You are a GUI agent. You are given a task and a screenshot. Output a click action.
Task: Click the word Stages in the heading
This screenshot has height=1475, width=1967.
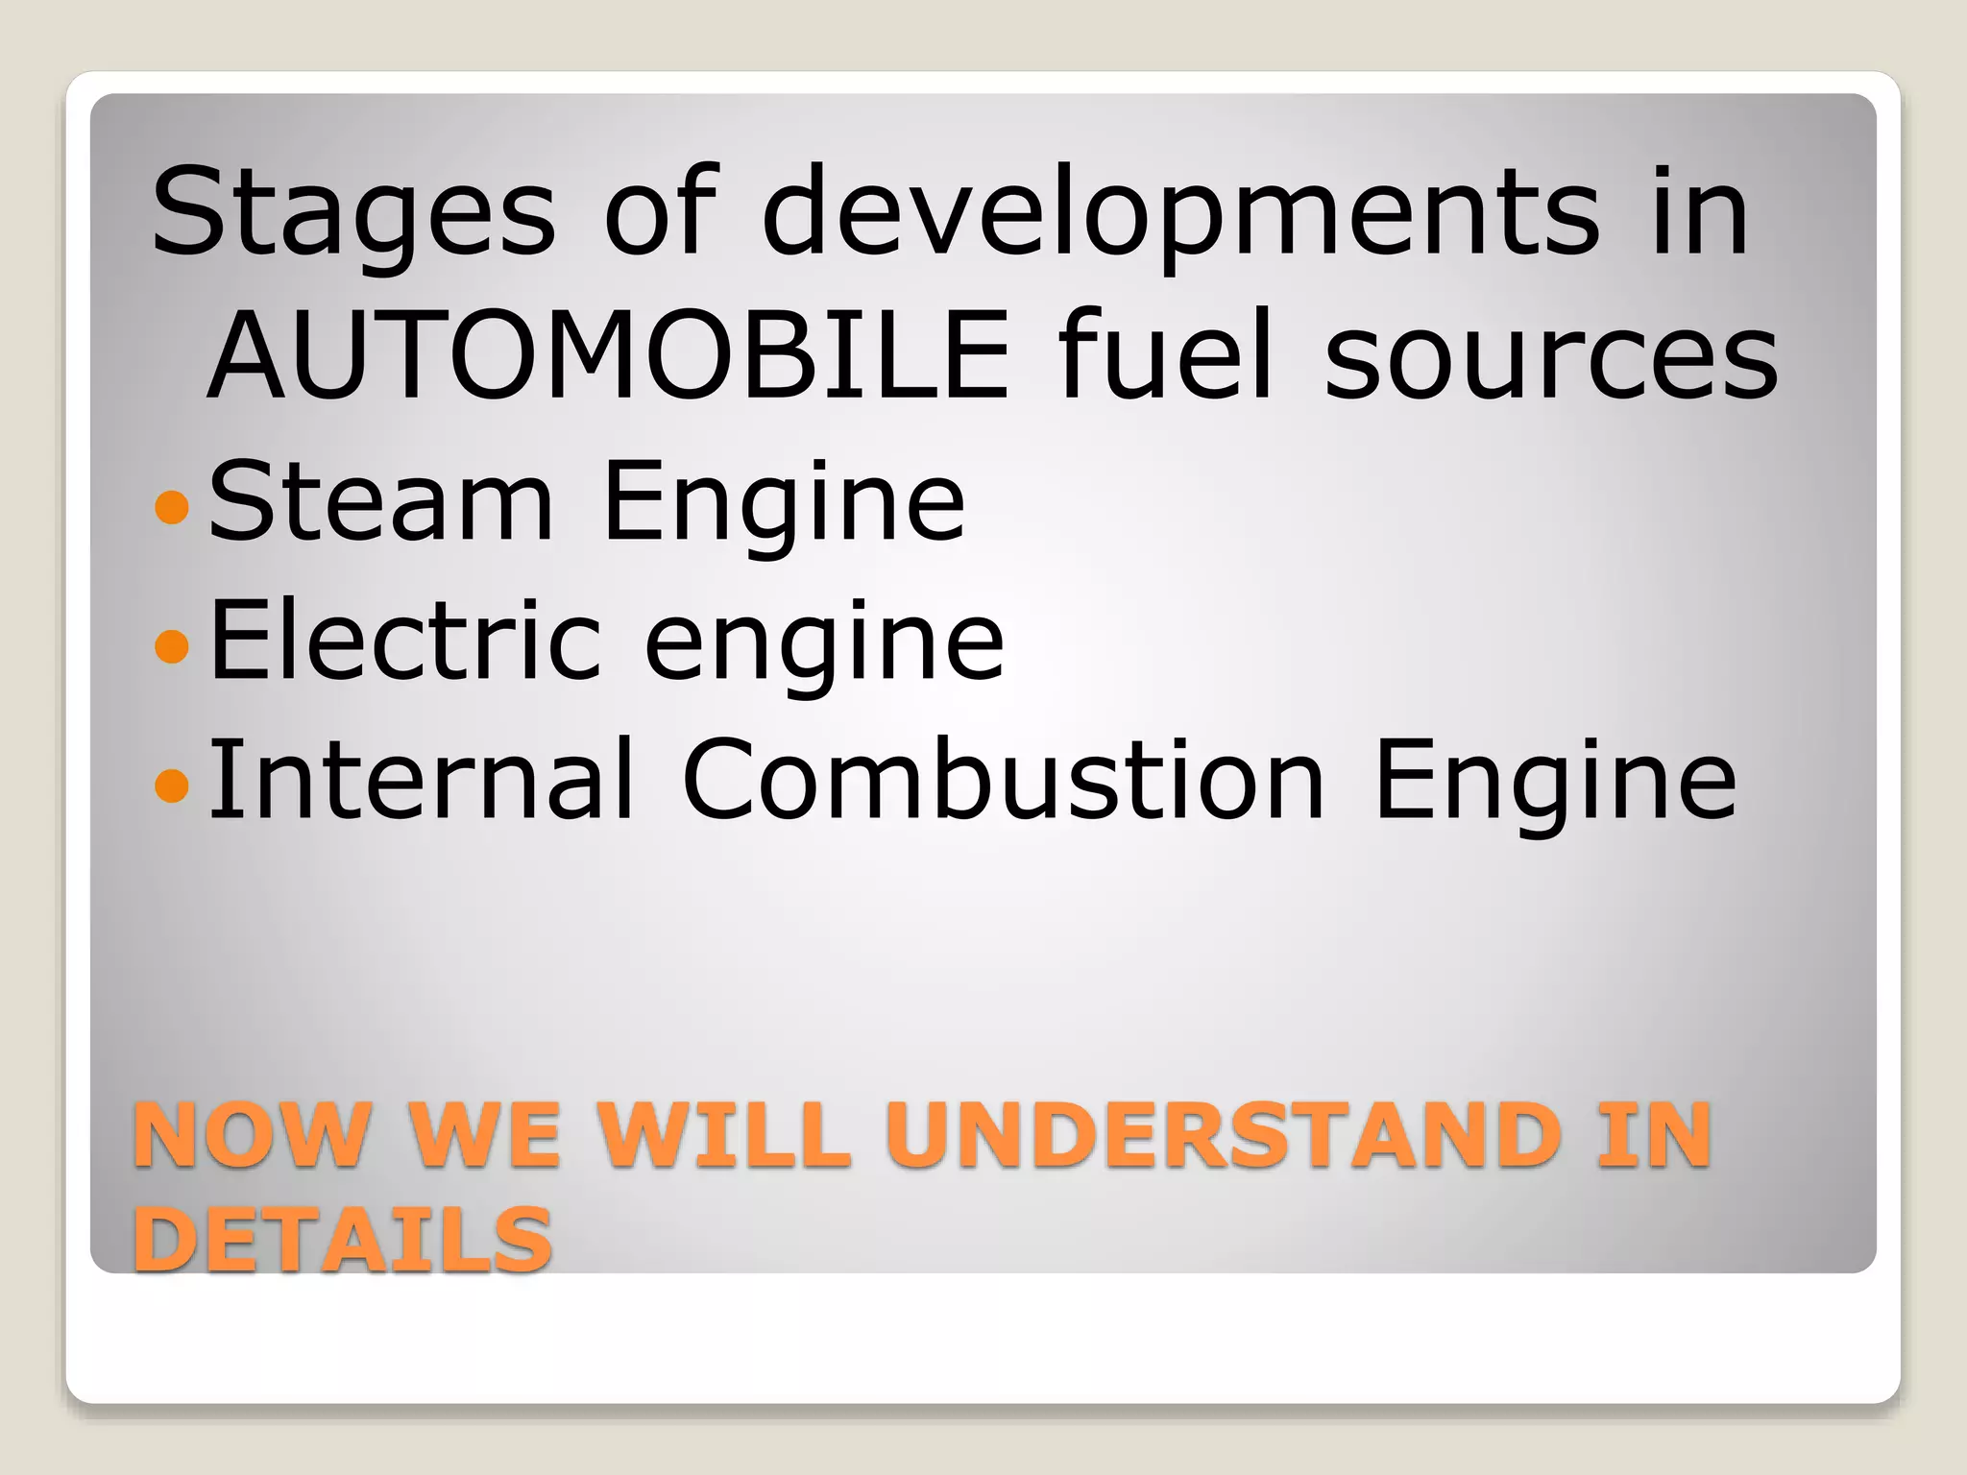[353, 213]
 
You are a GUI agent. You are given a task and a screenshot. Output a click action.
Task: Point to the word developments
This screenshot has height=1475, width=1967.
[1181, 213]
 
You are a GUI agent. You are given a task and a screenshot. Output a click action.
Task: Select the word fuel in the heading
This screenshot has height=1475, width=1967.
[1166, 355]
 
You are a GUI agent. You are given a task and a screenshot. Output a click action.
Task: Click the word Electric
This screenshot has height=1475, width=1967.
[405, 640]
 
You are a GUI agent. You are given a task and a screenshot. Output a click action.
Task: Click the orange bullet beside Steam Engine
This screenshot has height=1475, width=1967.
[172, 506]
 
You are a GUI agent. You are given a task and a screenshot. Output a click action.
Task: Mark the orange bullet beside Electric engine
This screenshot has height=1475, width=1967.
[172, 645]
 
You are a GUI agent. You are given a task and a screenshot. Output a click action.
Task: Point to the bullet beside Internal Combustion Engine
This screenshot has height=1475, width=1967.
[172, 785]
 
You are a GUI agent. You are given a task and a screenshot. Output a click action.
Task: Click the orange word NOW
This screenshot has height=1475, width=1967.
[252, 1135]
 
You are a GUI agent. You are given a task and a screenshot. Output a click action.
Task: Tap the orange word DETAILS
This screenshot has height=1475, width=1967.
[343, 1239]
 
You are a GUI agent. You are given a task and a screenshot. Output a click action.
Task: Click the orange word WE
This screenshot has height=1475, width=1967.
[485, 1135]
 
